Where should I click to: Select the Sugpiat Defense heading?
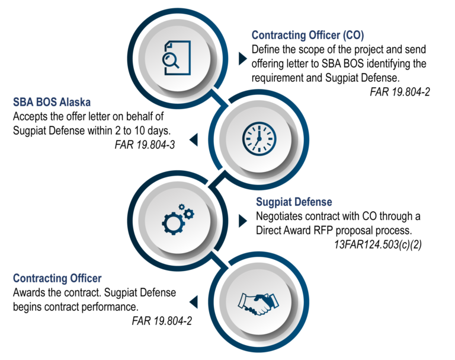pos(294,202)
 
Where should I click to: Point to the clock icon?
pos(259,138)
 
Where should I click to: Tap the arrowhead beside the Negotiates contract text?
pos(242,221)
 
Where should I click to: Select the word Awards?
pos(28,292)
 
